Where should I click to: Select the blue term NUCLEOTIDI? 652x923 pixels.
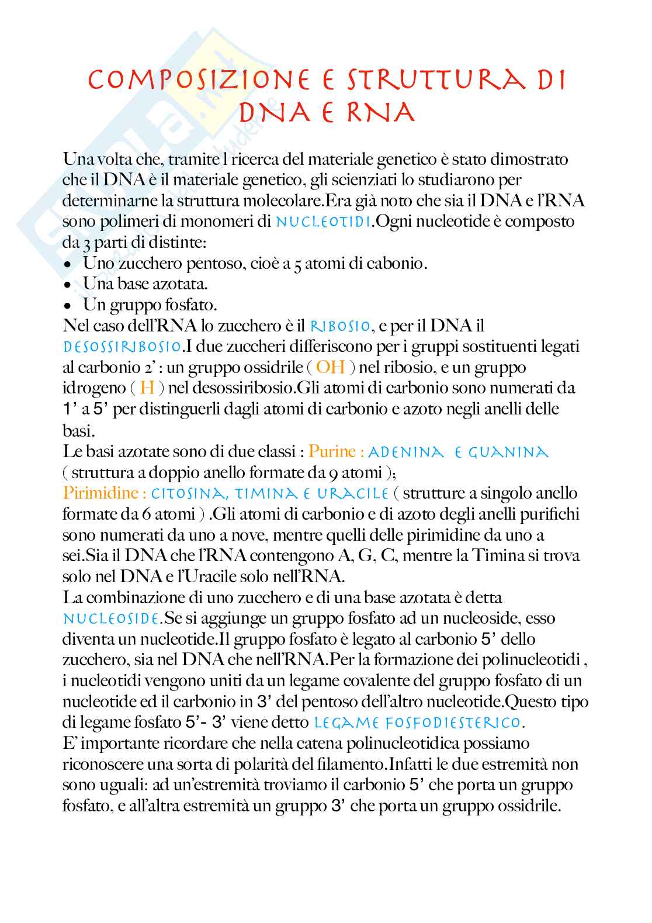[x=323, y=222]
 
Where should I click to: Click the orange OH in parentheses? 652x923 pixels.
[x=330, y=367]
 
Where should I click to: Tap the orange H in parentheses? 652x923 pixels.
[x=147, y=388]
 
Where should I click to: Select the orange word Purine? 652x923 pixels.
[x=332, y=451]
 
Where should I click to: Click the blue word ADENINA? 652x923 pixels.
[x=406, y=452]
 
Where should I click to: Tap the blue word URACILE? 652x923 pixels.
[x=353, y=494]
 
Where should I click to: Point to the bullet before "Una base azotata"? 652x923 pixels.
[x=69, y=285]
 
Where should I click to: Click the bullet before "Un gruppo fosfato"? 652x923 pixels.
[x=69, y=306]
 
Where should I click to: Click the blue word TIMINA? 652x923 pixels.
[x=265, y=494]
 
